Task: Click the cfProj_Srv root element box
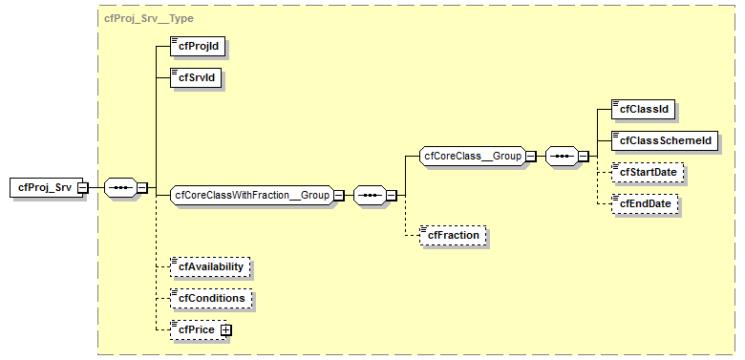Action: click(x=43, y=187)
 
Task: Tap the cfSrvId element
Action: click(x=195, y=77)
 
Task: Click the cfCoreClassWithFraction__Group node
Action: click(x=250, y=195)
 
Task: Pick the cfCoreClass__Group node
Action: click(x=472, y=156)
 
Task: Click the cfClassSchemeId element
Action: click(x=665, y=140)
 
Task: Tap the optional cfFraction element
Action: click(x=454, y=234)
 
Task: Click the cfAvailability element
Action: click(x=211, y=266)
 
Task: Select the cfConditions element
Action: click(x=210, y=298)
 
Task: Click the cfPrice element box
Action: click(x=194, y=329)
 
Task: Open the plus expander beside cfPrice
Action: click(x=226, y=329)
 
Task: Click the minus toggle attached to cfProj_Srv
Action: click(x=83, y=187)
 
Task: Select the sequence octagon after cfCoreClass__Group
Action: click(x=561, y=156)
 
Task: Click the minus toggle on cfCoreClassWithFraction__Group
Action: click(x=338, y=195)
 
